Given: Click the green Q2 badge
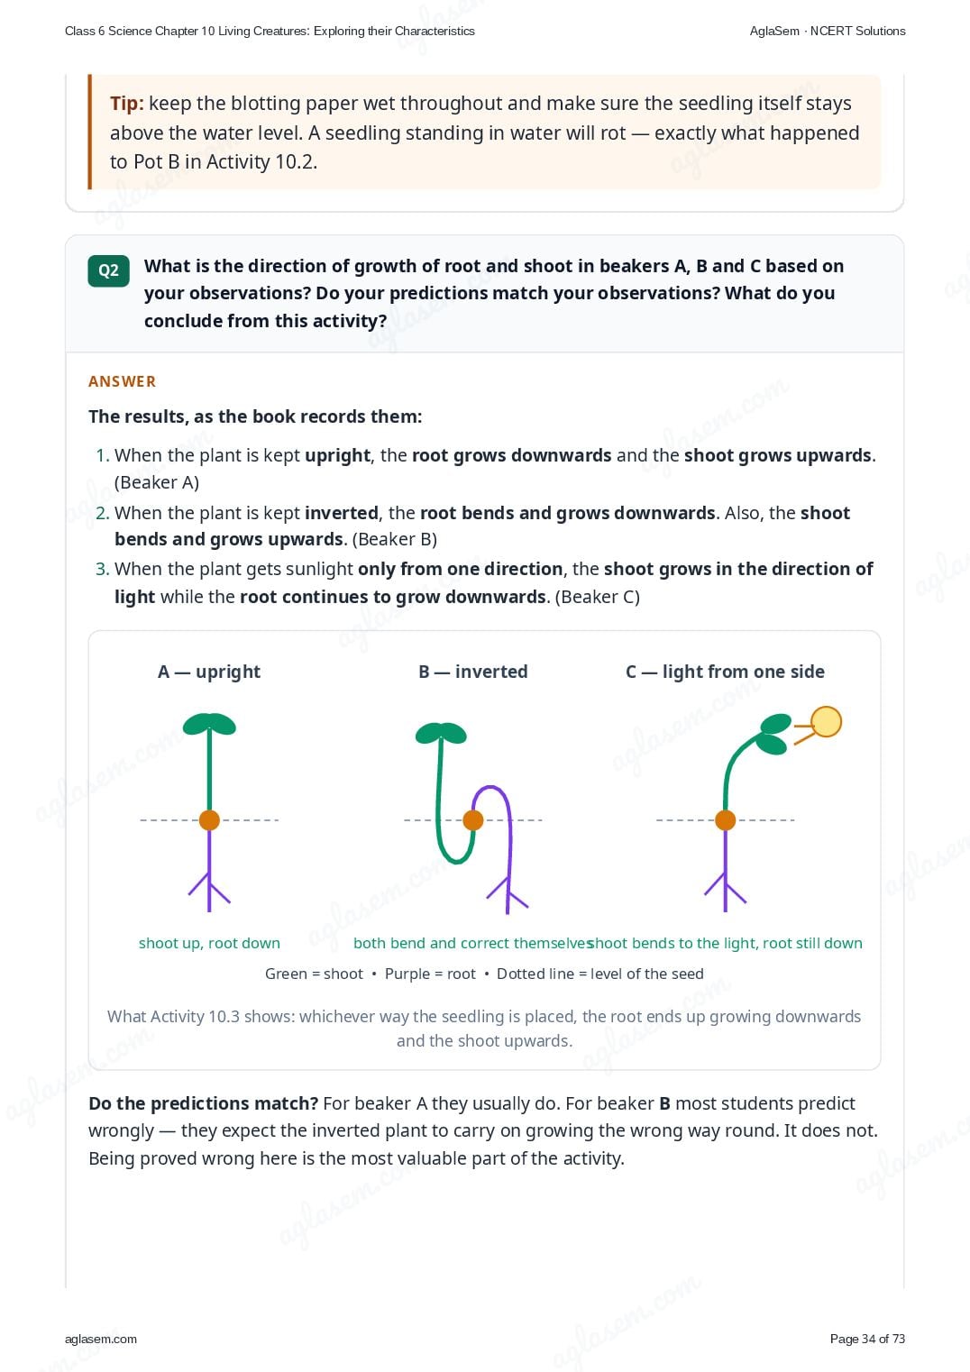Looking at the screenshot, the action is (108, 270).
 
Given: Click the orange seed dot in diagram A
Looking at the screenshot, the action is (209, 819).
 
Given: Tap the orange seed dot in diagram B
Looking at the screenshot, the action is (472, 819).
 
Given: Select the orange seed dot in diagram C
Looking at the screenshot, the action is (725, 819).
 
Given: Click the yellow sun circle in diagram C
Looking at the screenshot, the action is (826, 721).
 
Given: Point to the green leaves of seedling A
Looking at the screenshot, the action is (209, 724).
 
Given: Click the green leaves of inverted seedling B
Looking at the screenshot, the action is (441, 733).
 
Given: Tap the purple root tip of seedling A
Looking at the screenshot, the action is (209, 911).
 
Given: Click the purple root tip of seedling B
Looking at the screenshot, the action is (507, 912).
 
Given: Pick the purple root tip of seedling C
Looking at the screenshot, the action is (725, 911).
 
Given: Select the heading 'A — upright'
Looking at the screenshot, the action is (209, 672).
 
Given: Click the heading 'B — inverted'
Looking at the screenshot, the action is (472, 672).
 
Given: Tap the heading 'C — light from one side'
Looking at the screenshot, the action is (725, 672).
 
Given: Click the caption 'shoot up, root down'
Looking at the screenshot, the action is (209, 943).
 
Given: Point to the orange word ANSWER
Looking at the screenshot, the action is (122, 381).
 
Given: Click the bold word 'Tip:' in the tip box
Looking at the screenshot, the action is (127, 103).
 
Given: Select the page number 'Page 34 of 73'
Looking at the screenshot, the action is (867, 1339).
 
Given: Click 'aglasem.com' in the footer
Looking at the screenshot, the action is (101, 1339).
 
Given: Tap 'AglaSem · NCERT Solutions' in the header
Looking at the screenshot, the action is (828, 32).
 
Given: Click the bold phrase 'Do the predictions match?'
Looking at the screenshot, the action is (204, 1103).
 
